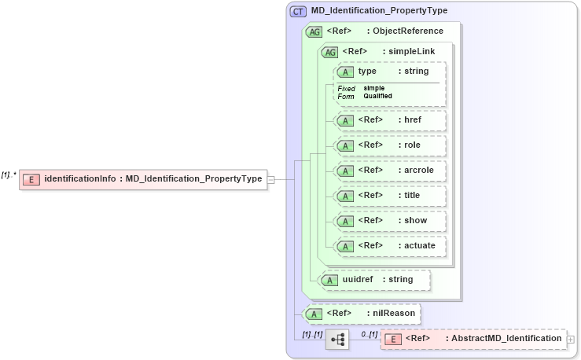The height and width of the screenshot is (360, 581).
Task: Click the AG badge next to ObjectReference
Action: click(314, 31)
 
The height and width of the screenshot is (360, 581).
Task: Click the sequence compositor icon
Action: click(337, 340)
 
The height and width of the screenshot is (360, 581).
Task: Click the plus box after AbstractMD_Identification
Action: click(571, 340)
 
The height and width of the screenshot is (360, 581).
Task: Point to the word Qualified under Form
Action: click(377, 96)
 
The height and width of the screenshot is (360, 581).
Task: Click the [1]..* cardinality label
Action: click(9, 174)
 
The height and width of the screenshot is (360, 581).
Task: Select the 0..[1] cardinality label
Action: click(369, 335)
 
